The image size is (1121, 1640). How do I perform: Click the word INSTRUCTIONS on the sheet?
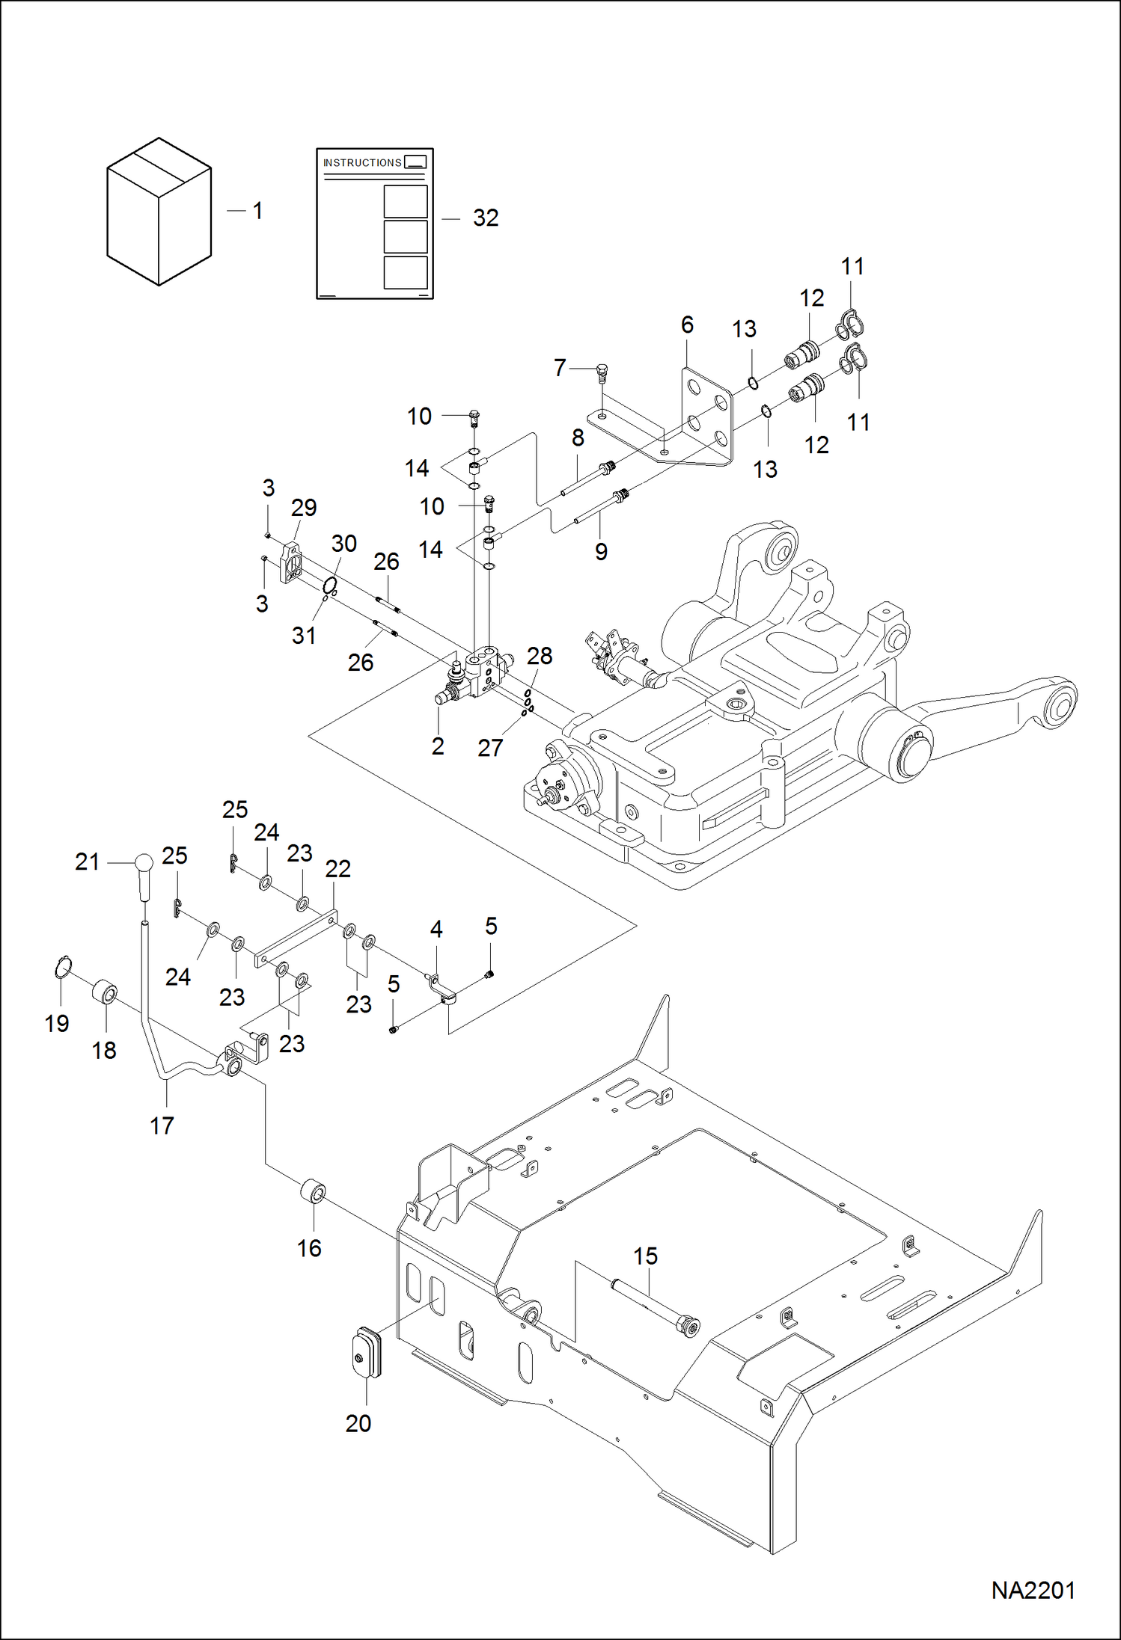362,162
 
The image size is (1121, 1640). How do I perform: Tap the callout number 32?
486,218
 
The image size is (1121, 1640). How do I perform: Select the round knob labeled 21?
144,863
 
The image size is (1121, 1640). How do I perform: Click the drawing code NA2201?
1033,1590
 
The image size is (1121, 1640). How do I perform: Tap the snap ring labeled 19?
63,968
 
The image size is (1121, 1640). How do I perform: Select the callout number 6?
687,325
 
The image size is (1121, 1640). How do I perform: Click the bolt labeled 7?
602,371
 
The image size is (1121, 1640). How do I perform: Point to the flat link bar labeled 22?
296,938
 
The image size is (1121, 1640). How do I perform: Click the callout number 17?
162,1125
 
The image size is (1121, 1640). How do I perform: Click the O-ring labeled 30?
330,584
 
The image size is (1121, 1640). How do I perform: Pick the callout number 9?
601,552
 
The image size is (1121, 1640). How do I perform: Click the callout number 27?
490,747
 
